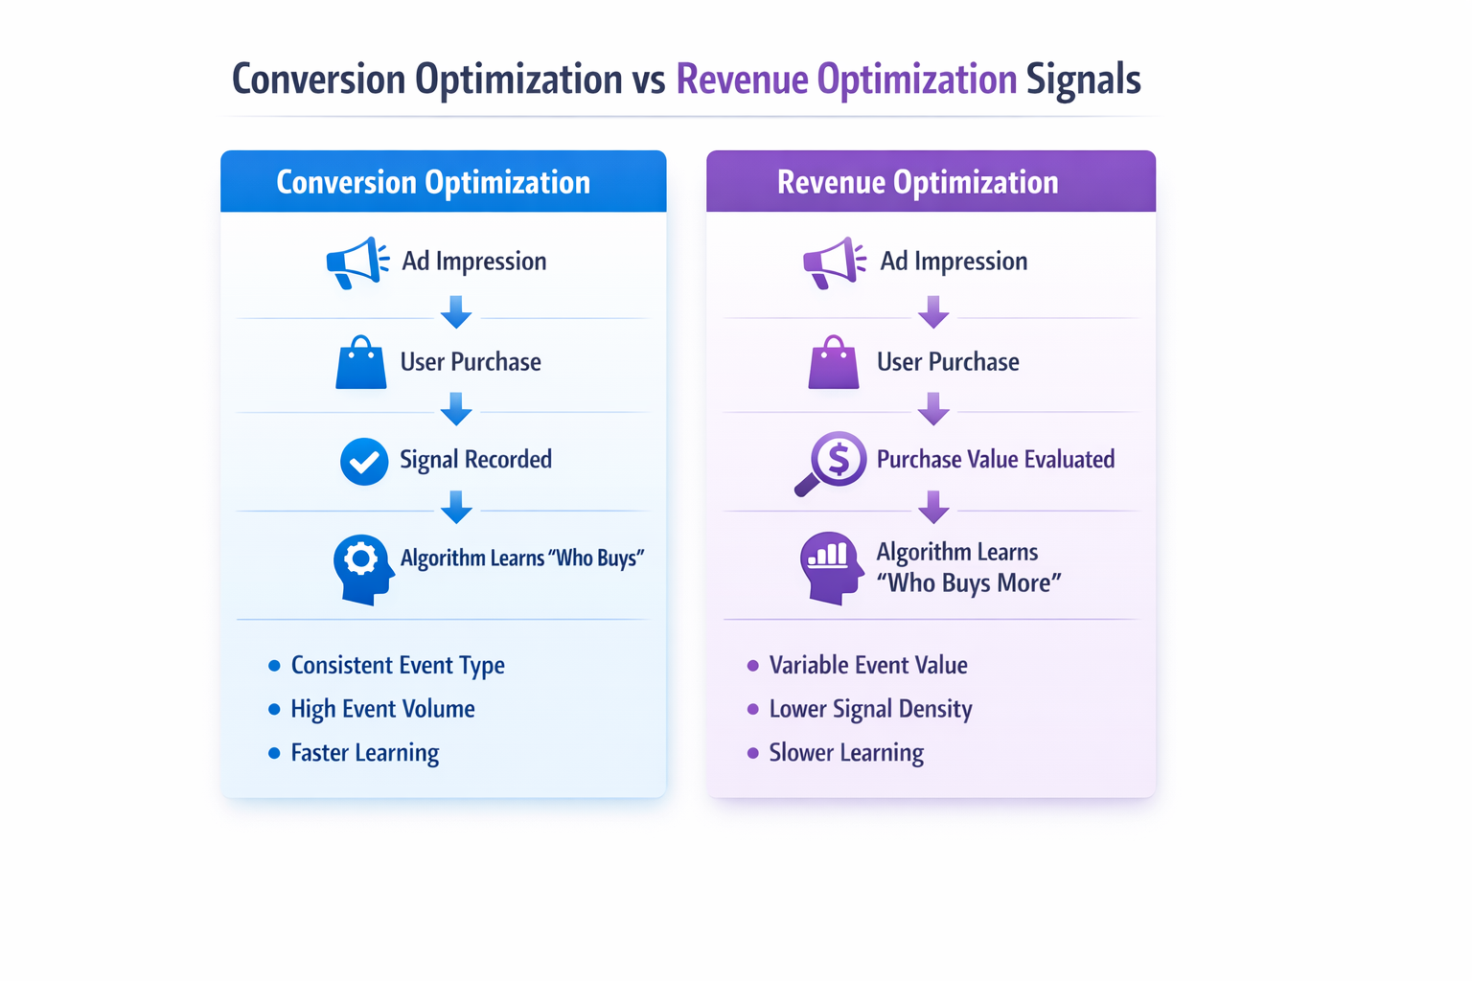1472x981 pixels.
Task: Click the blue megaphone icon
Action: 356,262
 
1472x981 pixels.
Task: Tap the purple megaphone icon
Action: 834,262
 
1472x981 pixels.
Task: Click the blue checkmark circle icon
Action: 364,461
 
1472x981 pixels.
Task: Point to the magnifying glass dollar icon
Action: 832,463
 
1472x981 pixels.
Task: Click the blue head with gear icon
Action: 363,568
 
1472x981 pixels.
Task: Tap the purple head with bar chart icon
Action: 830,567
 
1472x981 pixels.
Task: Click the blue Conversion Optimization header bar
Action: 443,182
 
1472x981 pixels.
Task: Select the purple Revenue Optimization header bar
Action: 931,182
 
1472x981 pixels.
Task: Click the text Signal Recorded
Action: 475,460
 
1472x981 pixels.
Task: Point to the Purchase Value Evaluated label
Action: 995,460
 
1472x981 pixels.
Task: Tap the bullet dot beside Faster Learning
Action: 274,753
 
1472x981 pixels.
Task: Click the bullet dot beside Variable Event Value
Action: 752,666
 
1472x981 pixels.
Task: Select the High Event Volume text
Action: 382,709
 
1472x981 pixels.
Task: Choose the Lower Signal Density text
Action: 870,709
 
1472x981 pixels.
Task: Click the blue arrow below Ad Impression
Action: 456,311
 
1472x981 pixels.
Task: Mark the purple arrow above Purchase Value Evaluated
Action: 933,409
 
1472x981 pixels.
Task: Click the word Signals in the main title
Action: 1083,80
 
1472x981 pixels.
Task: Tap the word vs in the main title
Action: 649,80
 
